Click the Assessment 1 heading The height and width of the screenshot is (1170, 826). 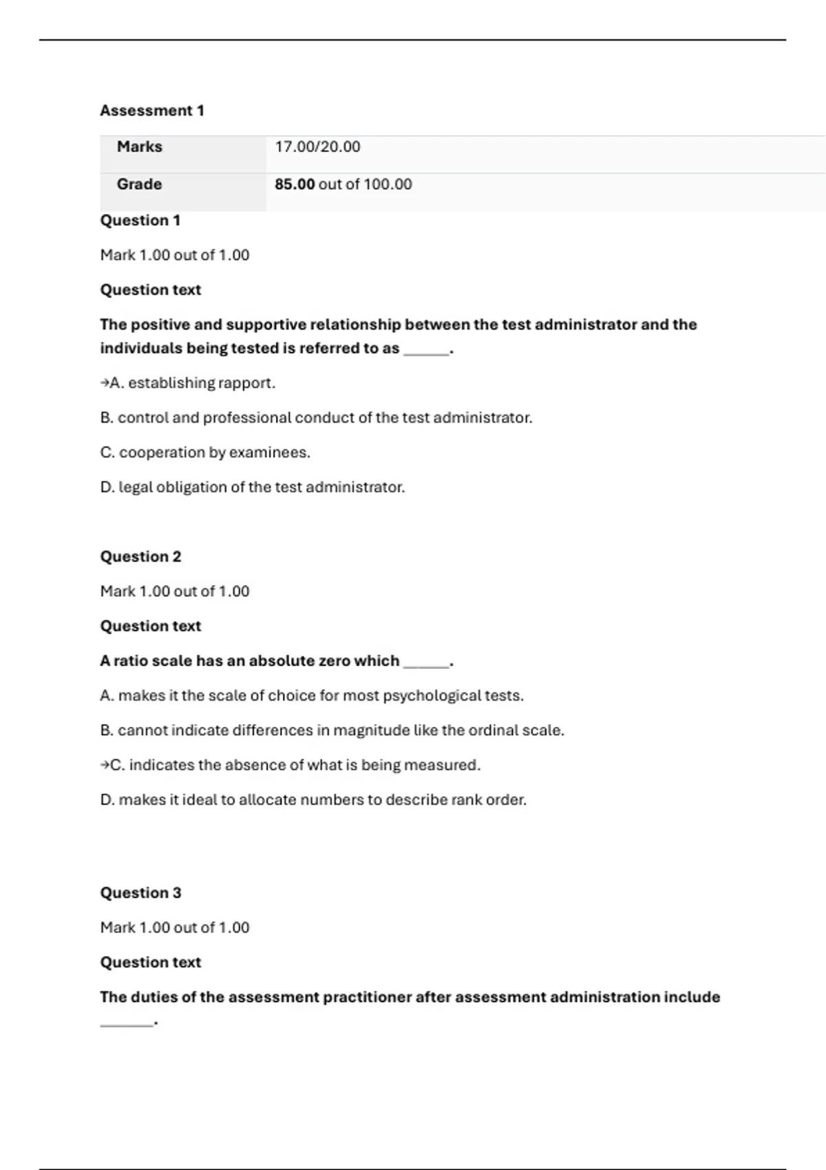[152, 111]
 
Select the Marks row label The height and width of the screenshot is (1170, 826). [140, 147]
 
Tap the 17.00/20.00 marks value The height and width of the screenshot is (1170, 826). [317, 147]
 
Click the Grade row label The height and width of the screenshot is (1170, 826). [139, 184]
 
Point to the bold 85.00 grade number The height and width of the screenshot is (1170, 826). [295, 184]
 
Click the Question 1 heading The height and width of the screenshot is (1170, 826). [140, 220]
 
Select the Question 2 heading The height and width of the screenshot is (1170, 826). [140, 557]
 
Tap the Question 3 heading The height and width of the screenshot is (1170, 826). [140, 893]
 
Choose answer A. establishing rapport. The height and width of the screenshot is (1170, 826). [192, 383]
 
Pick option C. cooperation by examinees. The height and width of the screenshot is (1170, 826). [205, 453]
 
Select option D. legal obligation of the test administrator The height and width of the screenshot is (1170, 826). [253, 487]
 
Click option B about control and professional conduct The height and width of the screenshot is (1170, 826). [316, 418]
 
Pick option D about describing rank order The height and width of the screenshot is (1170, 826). [313, 800]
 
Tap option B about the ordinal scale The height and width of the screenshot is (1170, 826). [332, 730]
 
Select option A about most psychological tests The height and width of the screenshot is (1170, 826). [312, 696]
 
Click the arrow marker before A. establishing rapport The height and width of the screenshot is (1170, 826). [105, 383]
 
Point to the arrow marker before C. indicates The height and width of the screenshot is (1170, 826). [105, 765]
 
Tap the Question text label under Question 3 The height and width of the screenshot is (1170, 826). [151, 962]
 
